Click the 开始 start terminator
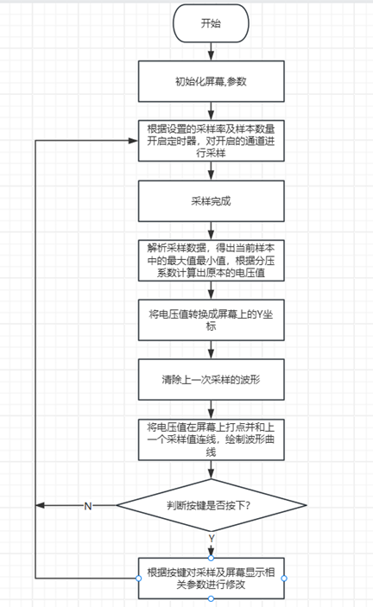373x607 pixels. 211,23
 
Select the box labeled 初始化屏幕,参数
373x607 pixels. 212,81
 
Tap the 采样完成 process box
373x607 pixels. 212,201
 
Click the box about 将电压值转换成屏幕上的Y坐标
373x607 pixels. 212,319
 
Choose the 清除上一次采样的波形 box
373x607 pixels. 212,379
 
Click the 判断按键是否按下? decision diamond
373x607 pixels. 212,505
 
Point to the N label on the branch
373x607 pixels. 88,506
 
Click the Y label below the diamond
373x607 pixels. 212,538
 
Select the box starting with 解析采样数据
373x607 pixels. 212,260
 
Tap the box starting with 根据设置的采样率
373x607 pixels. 212,141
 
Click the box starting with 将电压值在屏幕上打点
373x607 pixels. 212,439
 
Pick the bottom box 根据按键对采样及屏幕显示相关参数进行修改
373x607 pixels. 212,579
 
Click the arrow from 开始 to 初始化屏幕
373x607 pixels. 211,52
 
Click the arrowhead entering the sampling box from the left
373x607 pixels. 134,141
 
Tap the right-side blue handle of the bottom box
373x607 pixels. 284,579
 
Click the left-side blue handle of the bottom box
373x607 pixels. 138,579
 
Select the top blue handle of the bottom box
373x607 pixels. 211,558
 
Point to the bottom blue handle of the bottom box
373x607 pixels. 211,599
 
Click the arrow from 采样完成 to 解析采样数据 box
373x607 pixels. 211,231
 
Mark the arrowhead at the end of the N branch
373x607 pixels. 41,505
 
